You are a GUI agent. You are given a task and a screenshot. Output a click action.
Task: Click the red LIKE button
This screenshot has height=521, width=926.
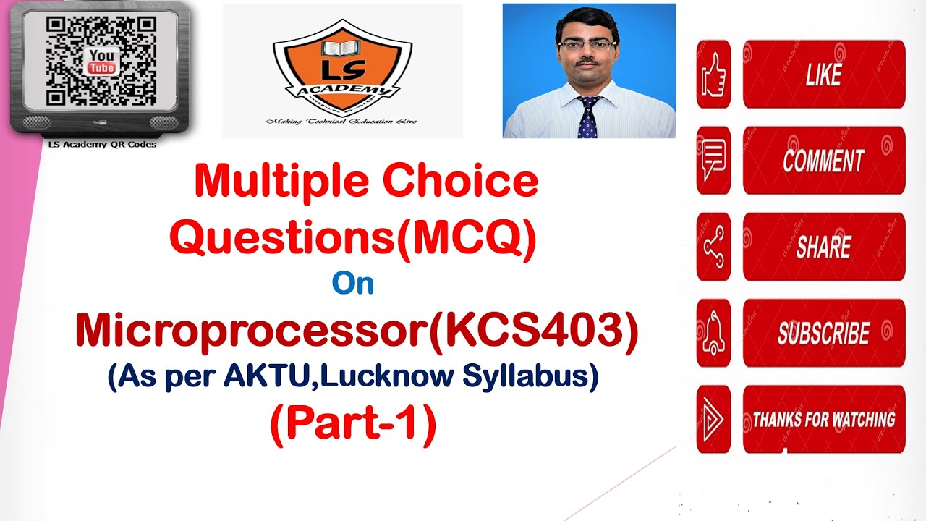823,75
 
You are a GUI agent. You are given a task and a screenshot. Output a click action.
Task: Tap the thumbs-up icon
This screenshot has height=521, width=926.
713,75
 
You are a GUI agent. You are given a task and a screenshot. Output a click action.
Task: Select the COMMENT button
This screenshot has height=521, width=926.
823,161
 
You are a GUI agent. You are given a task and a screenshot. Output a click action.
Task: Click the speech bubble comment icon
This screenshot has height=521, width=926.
713,161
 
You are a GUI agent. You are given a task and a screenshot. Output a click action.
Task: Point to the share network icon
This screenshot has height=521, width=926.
713,247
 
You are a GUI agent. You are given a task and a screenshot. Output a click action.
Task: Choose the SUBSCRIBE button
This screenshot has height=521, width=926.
823,333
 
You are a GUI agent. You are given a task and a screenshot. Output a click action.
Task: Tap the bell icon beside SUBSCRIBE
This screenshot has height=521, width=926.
713,333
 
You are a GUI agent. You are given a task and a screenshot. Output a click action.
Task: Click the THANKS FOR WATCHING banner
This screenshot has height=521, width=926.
823,420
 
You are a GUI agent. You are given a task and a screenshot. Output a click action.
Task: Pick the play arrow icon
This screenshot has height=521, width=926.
713,420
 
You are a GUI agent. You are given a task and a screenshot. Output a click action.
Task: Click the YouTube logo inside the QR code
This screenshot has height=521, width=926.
101,62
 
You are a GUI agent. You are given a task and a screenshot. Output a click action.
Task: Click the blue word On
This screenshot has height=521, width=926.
353,284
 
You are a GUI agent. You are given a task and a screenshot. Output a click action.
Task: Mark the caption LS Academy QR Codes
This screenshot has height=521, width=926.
101,144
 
